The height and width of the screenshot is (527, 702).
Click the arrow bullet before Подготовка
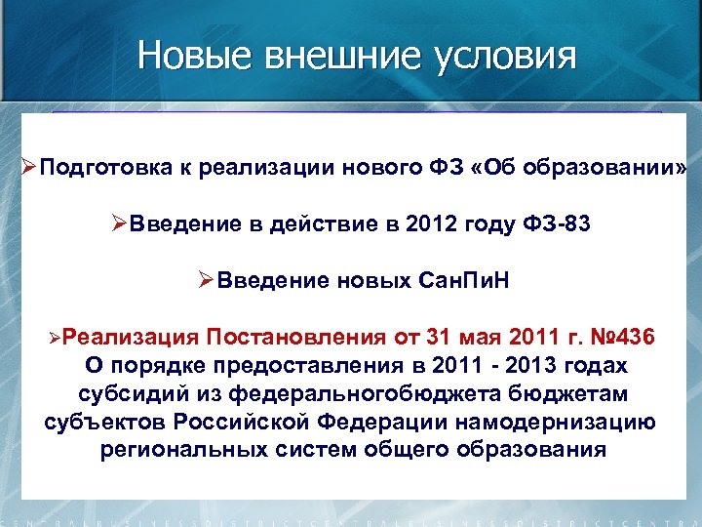[28, 167]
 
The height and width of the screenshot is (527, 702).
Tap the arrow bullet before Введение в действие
[120, 223]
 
